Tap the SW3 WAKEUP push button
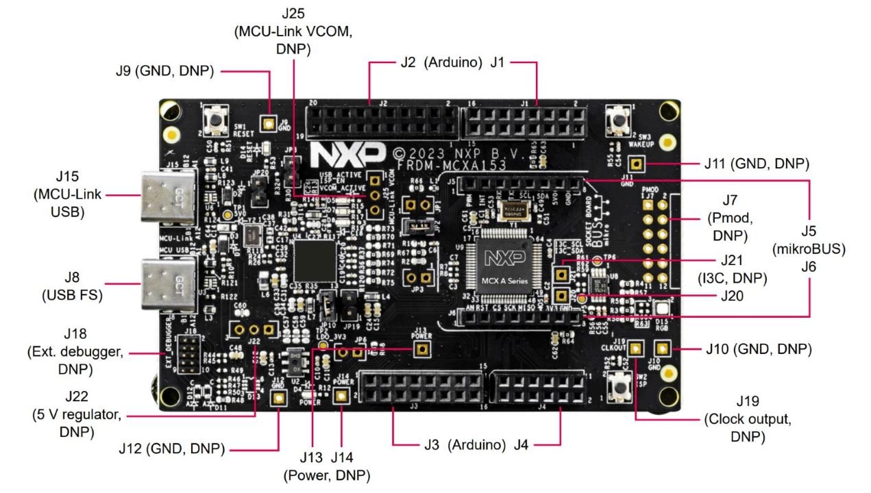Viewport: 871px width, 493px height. point(619,122)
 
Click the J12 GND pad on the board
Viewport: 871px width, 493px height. point(278,399)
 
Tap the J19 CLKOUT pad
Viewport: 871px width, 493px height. point(636,349)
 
